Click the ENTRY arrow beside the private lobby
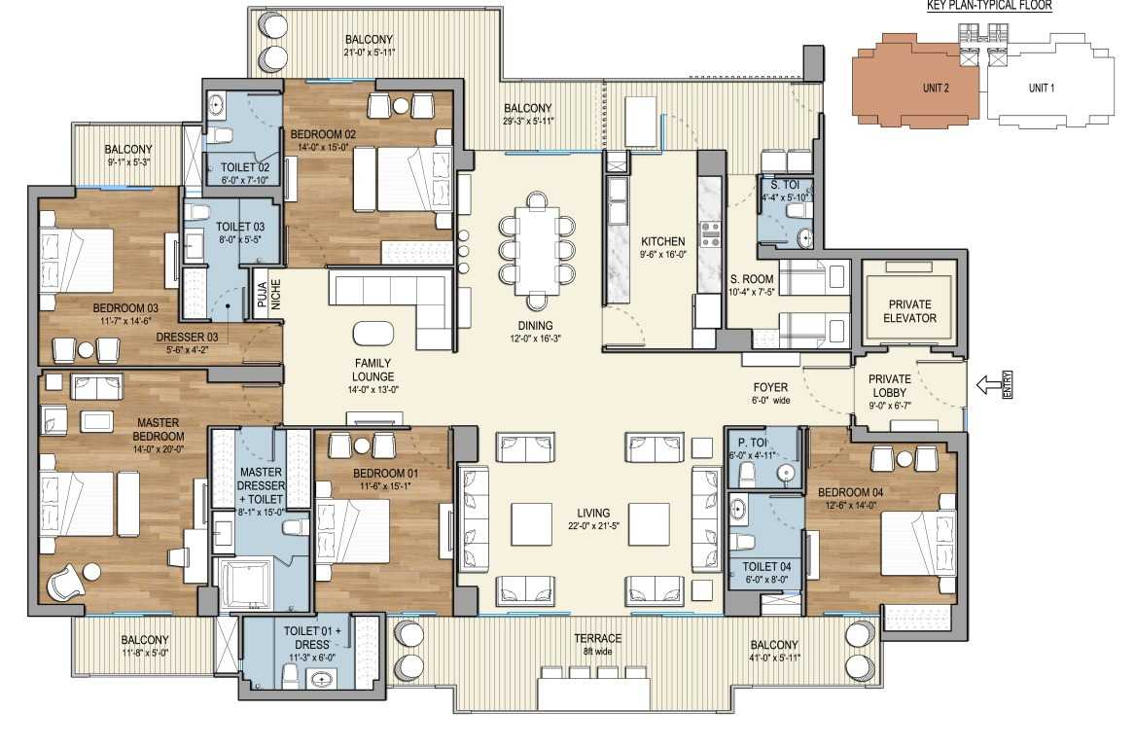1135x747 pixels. [x=989, y=385]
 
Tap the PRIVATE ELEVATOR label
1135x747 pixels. [x=910, y=311]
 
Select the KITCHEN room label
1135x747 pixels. [x=662, y=241]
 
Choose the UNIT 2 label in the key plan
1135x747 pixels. [x=936, y=88]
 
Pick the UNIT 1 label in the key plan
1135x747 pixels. [x=1041, y=88]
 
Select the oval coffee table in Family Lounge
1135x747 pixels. [x=373, y=334]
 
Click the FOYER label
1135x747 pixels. [x=770, y=387]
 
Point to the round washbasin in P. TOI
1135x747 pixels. [x=785, y=474]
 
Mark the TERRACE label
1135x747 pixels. [x=597, y=638]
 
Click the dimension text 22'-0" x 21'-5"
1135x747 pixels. [x=593, y=526]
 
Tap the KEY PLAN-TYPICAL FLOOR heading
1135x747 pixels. [x=989, y=6]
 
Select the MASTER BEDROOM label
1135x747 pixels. [x=158, y=429]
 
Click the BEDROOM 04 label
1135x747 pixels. [x=851, y=492]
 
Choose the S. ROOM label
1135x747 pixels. [x=752, y=279]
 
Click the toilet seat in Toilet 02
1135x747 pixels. [x=222, y=134]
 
